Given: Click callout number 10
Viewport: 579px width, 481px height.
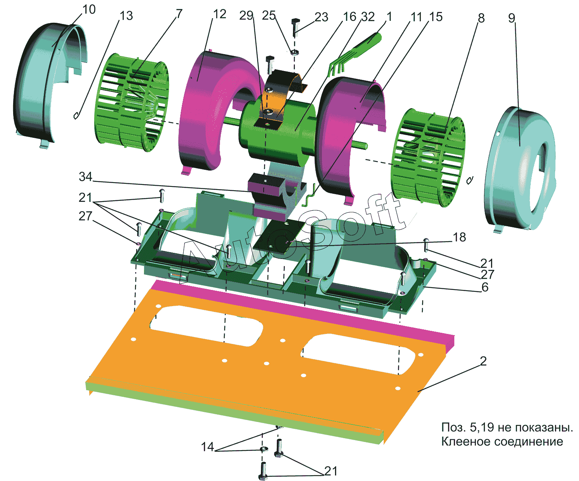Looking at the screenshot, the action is tap(89, 10).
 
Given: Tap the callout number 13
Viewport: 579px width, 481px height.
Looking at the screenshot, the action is tap(126, 16).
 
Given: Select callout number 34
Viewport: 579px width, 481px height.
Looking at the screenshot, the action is tap(85, 177).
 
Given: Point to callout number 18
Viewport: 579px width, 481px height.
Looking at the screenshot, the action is tap(459, 237).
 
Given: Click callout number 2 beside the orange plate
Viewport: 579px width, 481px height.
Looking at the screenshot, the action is tap(483, 361).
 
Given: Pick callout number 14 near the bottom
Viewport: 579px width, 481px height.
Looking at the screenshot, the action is tap(207, 447).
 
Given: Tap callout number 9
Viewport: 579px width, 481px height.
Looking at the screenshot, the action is tap(511, 18).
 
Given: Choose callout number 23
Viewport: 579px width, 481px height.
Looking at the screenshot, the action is tap(322, 17).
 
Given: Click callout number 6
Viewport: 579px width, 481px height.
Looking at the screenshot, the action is tap(485, 287).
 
